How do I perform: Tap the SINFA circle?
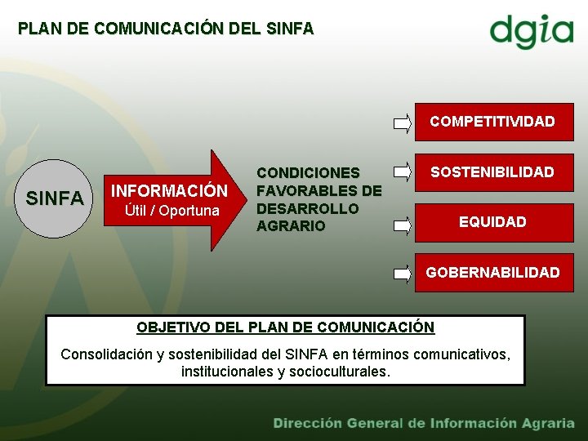pos(55,198)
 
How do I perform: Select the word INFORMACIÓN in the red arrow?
pos(169,191)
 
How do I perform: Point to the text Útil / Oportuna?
pos(171,212)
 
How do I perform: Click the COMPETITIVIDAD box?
pos(492,122)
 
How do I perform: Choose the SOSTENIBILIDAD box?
pos(492,171)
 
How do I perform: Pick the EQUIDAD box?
pos(492,221)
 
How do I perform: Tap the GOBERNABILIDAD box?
pos(492,272)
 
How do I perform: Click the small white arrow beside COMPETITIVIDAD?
pos(403,123)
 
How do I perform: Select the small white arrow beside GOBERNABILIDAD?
pos(403,274)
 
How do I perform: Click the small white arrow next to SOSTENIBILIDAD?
pos(403,172)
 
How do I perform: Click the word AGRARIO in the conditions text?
pos(290,226)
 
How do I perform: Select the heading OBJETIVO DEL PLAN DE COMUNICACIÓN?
pos(285,327)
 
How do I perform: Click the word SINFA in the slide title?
pos(290,29)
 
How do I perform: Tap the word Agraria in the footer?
pos(546,423)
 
